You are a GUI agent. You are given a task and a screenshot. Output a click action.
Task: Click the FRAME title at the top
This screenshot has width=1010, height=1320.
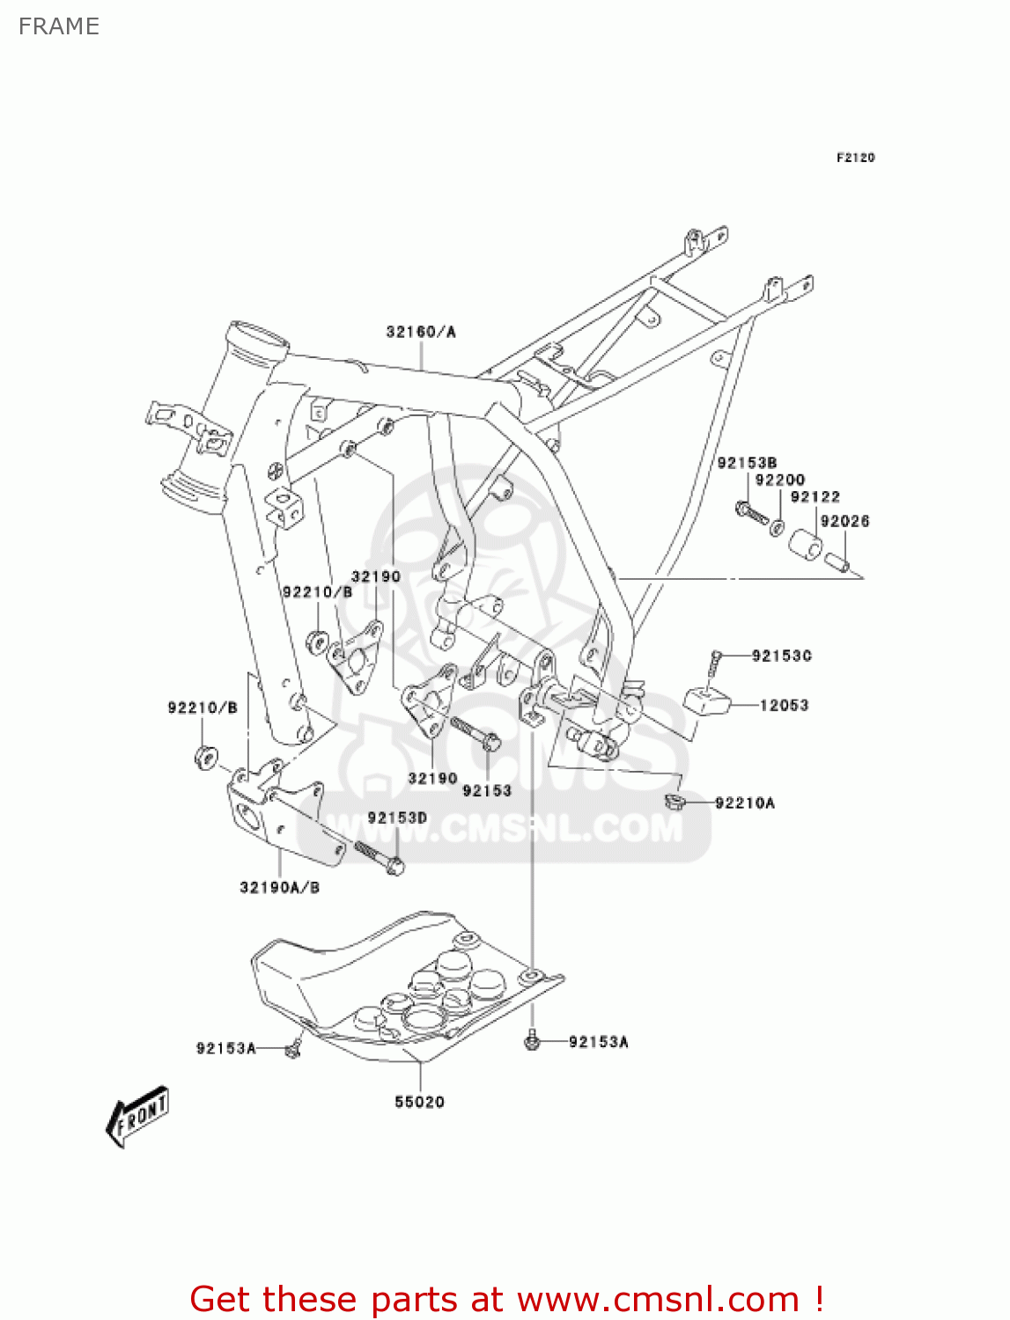(59, 26)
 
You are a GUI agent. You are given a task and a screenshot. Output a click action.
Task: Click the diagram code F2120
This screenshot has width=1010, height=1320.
(855, 158)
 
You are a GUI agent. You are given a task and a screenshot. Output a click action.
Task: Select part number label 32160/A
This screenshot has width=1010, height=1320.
(421, 332)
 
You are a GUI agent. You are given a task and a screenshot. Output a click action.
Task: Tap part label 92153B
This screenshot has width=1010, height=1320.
(747, 463)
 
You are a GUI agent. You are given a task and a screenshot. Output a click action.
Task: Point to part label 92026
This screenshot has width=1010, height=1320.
(844, 521)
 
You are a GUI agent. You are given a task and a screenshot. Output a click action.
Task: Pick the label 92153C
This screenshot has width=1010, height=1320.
(781, 656)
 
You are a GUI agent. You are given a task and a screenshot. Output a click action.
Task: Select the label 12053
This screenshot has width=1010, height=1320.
(784, 705)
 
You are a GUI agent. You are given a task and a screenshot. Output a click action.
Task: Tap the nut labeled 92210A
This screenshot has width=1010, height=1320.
(675, 801)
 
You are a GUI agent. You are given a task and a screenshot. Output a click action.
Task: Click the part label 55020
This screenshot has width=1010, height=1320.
(419, 1102)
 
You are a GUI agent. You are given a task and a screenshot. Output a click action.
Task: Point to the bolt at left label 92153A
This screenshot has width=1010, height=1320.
(293, 1048)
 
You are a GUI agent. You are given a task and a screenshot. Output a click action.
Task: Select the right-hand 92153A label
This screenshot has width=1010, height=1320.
(598, 1042)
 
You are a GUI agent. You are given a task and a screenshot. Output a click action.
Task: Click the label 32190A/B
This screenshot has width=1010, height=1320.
(279, 887)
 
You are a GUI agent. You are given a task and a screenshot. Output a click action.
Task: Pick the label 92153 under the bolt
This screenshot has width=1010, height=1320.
(487, 790)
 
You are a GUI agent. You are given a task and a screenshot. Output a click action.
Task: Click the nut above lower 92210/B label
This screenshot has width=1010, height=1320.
(204, 755)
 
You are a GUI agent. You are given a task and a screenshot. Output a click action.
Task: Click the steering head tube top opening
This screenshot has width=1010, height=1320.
(258, 339)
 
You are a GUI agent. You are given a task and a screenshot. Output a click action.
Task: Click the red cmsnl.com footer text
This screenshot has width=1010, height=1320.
(506, 1299)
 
